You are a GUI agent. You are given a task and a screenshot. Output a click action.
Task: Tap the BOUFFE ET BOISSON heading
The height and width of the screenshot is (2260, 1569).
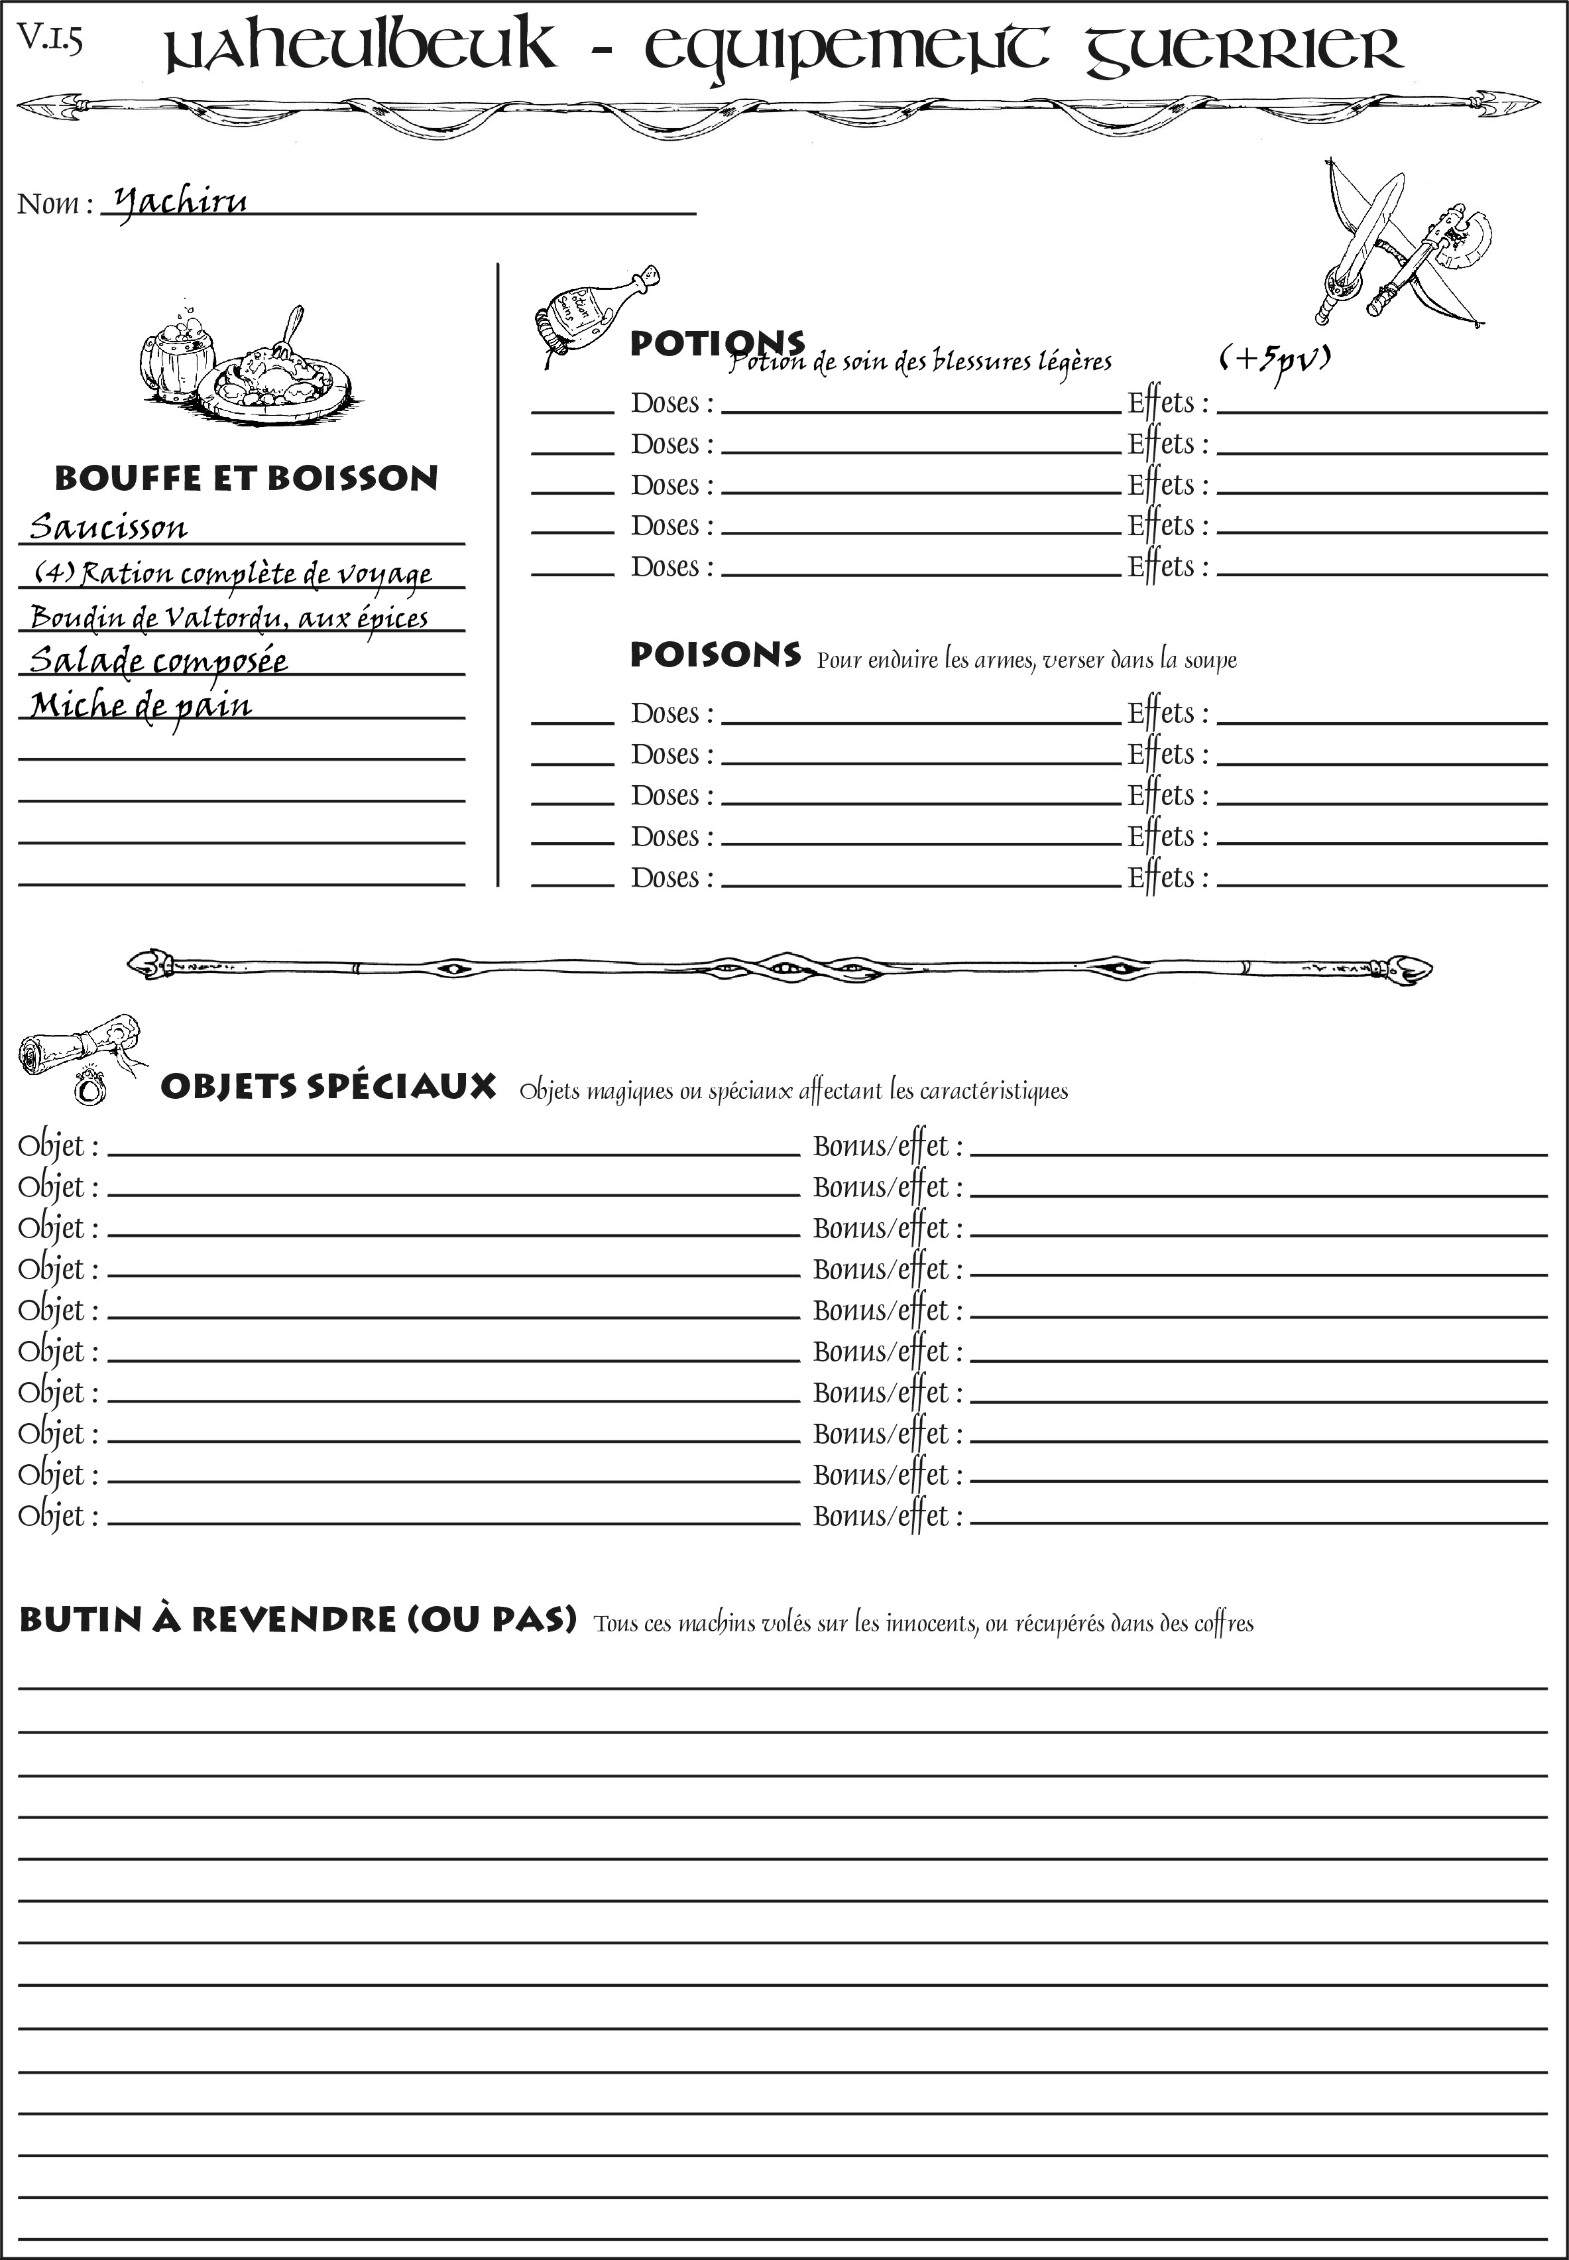pyautogui.click(x=246, y=478)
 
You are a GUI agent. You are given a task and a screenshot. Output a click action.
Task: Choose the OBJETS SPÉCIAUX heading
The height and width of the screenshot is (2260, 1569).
pyautogui.click(x=327, y=1087)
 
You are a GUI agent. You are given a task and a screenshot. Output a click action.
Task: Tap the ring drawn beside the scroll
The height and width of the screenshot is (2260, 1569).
pyautogui.click(x=89, y=1088)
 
